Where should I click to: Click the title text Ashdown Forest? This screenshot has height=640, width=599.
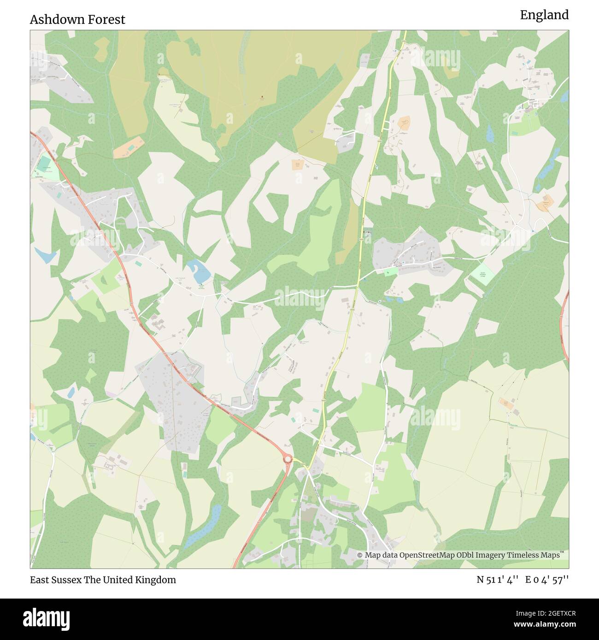pyautogui.click(x=77, y=19)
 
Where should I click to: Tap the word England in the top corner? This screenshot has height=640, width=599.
pyautogui.click(x=544, y=15)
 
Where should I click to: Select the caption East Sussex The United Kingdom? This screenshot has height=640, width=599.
pyautogui.click(x=103, y=580)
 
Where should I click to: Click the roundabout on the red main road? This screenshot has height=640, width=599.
pyautogui.click(x=288, y=459)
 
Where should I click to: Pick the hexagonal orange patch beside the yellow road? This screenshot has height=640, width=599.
pyautogui.click(x=404, y=122)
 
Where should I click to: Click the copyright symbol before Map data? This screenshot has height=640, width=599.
pyautogui.click(x=360, y=555)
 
